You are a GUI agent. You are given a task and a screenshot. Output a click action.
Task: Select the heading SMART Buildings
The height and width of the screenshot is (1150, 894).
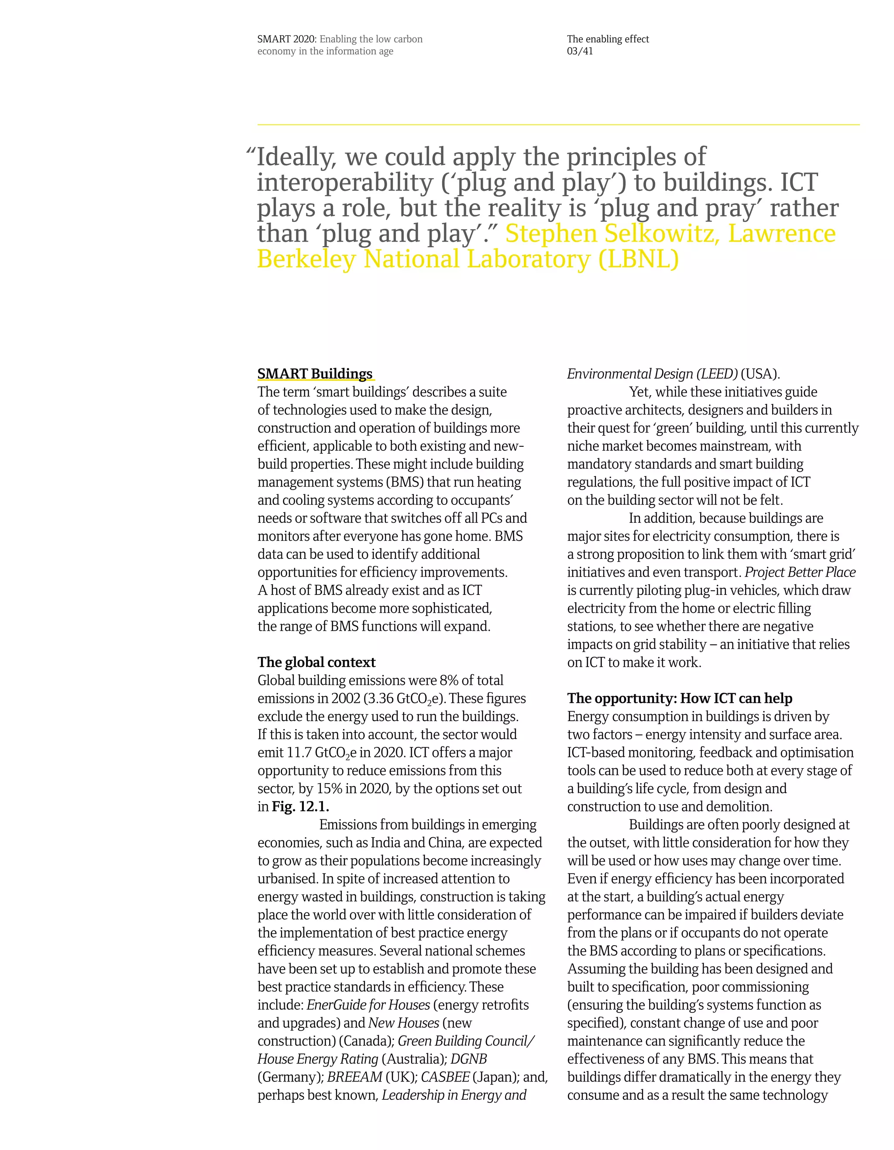[315, 374]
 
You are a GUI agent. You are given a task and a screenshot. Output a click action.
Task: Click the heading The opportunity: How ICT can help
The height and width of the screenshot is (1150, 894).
[679, 698]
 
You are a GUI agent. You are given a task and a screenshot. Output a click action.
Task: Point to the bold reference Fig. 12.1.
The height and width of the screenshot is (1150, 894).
[300, 806]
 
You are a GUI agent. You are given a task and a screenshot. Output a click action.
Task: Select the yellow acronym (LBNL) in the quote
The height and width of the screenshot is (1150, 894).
[638, 259]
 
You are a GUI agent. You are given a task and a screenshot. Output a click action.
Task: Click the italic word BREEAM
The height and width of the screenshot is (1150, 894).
[354, 1077]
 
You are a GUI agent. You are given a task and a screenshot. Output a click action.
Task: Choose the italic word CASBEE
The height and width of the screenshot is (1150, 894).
[445, 1077]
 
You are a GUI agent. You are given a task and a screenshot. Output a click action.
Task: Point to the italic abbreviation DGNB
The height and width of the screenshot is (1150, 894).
[468, 1058]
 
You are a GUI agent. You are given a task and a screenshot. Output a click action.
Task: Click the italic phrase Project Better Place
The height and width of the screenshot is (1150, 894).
[800, 572]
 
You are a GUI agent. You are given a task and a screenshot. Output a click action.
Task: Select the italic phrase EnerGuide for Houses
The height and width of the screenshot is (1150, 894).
[368, 1005]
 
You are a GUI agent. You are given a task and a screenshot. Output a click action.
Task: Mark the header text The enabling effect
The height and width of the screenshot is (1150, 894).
[608, 39]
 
